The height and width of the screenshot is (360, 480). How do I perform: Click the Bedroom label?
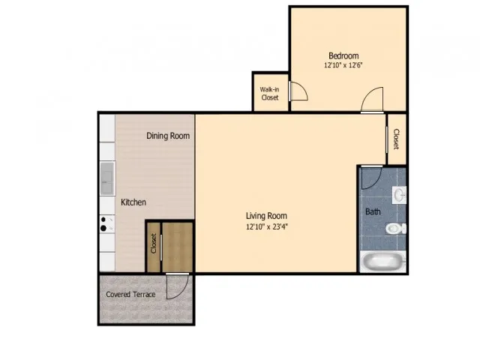point(343,55)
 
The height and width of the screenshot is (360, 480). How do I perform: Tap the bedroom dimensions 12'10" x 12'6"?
point(343,66)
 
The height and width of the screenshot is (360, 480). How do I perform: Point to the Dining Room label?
point(167,136)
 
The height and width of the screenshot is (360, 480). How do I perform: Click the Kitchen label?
point(133,202)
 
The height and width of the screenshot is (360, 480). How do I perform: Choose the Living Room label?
point(266,216)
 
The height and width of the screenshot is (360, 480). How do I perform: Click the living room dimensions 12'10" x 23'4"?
point(266,226)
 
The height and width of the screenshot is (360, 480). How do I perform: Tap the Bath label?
point(373,211)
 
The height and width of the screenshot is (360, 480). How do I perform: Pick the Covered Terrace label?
point(130,294)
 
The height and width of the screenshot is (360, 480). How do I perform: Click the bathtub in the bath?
point(382,262)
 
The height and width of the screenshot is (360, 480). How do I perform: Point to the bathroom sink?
point(400,195)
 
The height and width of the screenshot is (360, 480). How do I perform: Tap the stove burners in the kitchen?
point(106,225)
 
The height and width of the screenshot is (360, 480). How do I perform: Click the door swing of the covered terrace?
point(177,287)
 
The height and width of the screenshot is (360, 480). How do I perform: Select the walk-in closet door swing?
point(298,91)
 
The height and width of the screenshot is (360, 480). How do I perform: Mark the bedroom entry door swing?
point(373,100)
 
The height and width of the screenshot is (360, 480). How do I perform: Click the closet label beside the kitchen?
point(153,244)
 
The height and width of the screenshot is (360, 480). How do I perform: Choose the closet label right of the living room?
point(396,139)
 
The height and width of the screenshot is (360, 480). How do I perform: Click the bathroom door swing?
point(370,176)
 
